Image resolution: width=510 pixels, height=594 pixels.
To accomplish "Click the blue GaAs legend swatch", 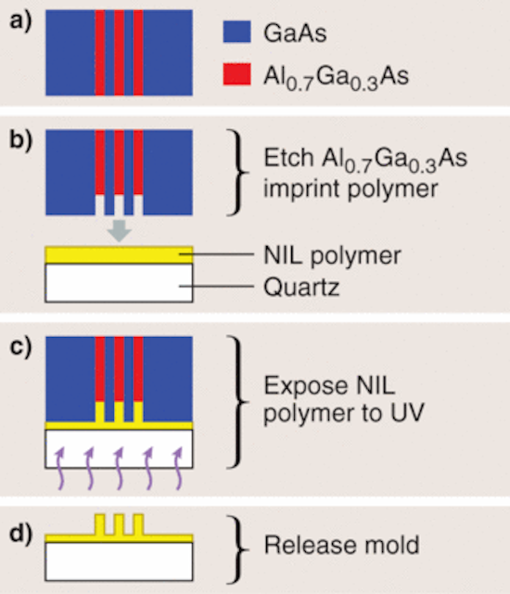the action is (x=236, y=32).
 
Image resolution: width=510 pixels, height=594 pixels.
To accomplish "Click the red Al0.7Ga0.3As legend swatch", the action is (x=236, y=74).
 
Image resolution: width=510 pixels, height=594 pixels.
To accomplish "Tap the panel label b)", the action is (x=20, y=140).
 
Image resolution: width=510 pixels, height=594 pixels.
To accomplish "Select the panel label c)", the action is (x=20, y=346).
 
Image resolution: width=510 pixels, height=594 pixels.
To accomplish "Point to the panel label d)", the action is (x=20, y=534).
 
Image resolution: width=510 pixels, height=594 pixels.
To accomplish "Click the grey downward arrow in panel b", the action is (x=120, y=231).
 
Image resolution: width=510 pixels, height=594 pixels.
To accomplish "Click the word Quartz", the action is (x=301, y=287).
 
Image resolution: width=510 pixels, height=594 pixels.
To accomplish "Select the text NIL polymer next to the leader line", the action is (x=332, y=256).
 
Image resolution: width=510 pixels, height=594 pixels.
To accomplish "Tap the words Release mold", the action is (x=341, y=545).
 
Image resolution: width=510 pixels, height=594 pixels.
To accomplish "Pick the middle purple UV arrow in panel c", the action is (x=120, y=468).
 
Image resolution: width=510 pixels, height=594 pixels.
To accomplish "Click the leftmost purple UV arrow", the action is (x=60, y=468).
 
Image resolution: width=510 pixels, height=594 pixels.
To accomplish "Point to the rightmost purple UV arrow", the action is (x=178, y=468).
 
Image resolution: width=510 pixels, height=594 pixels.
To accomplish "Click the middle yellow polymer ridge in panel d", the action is (x=120, y=524).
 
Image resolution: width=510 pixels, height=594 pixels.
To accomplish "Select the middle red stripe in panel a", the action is (x=120, y=53).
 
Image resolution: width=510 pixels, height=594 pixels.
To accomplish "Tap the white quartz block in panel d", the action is (x=120, y=562).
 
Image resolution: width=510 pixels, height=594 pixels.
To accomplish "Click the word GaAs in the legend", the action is (x=295, y=33).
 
